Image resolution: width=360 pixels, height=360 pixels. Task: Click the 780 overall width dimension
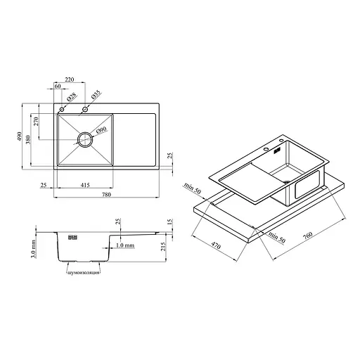coord(106,195)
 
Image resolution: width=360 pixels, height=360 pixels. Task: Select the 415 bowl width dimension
coord(85,185)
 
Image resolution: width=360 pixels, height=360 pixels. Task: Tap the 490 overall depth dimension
coord(19,136)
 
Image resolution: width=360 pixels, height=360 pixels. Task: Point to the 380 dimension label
coord(28,140)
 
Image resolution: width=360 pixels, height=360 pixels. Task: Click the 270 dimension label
coord(36,122)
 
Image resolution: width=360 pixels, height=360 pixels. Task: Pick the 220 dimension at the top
coord(70,79)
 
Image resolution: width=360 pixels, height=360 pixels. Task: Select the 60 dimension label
coord(58,86)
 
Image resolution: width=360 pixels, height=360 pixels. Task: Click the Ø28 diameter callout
coord(72,96)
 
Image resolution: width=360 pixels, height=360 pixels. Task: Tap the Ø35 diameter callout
coord(96,94)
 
